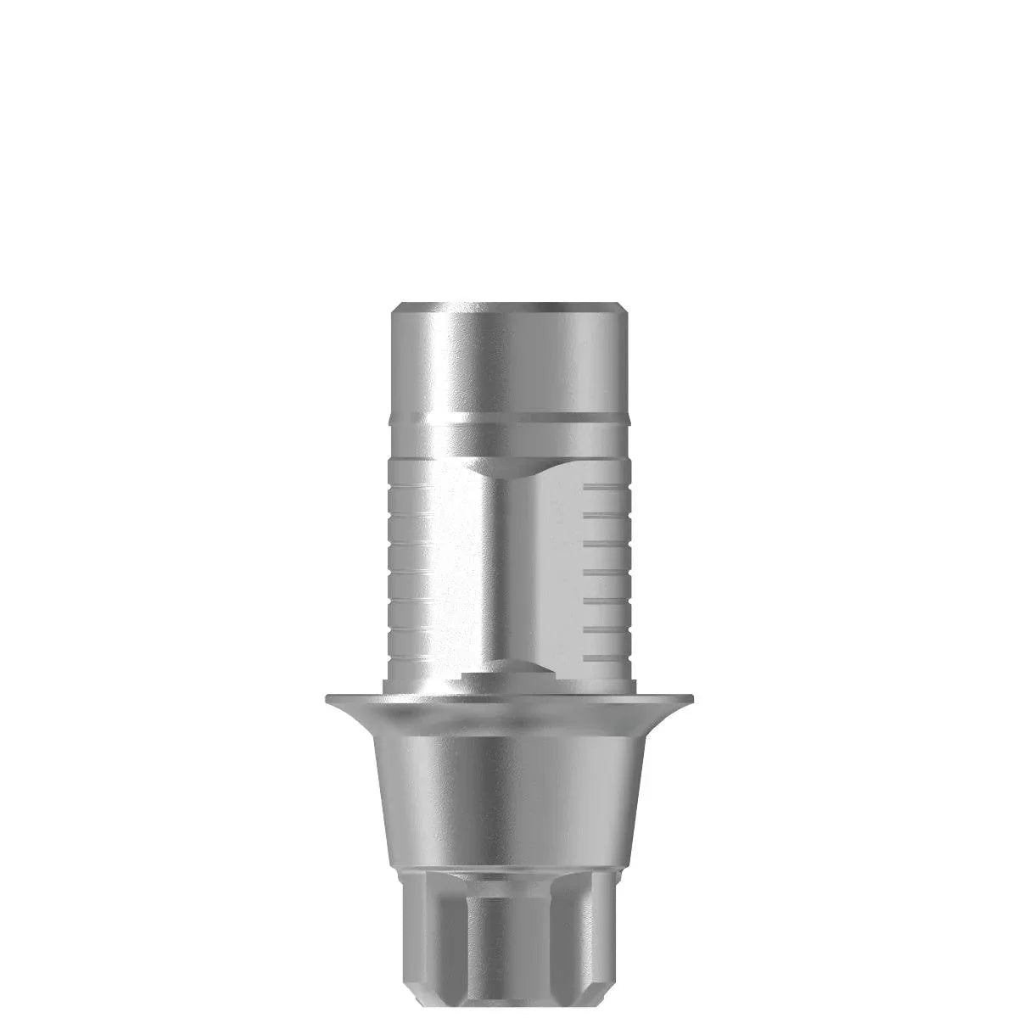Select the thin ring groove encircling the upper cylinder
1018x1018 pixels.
(509, 417)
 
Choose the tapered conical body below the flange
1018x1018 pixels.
(509, 780)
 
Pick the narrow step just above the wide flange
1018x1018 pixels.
(509, 685)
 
